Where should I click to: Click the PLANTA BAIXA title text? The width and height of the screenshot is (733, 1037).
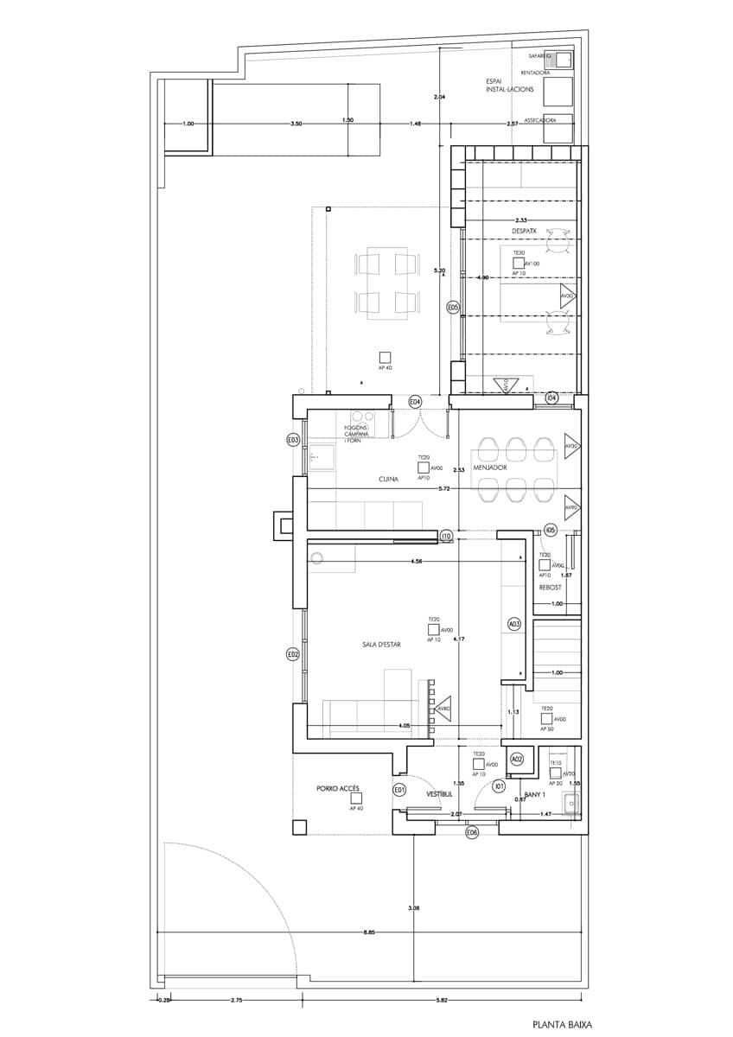(x=563, y=1024)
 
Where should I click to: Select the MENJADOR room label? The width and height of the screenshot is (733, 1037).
(x=489, y=467)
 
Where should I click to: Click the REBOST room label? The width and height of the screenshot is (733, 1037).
(x=551, y=588)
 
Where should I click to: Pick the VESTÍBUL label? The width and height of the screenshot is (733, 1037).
(x=441, y=793)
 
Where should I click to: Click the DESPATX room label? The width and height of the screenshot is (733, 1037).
(x=525, y=232)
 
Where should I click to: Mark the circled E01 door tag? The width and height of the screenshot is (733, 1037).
(x=399, y=790)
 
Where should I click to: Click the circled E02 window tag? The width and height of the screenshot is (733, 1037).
(x=293, y=655)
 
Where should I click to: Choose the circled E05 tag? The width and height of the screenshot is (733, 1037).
(x=452, y=307)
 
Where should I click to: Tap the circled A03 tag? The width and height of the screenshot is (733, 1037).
(x=513, y=624)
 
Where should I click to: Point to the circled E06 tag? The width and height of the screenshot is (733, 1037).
(x=471, y=832)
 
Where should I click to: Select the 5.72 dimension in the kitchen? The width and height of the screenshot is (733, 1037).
(x=444, y=489)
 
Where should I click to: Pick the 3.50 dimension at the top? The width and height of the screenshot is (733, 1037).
(x=296, y=124)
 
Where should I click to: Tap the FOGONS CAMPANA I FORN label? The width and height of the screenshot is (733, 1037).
(x=356, y=434)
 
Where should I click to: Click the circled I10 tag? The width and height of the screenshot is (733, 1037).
(x=446, y=537)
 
